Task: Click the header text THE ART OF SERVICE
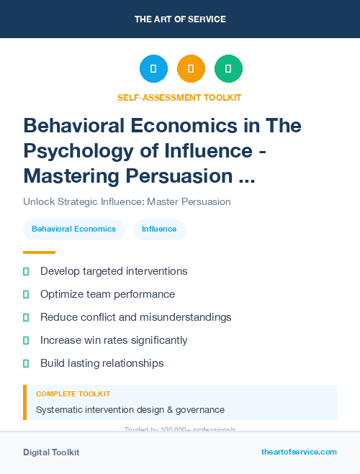[x=180, y=19]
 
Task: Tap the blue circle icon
[x=153, y=69]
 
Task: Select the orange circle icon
[x=191, y=69]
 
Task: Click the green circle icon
[x=228, y=69]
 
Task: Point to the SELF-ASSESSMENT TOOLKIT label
[x=179, y=97]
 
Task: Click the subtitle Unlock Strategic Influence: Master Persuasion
[x=127, y=201]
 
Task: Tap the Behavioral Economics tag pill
[x=73, y=229]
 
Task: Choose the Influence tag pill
[x=159, y=229]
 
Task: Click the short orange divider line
[x=39, y=252]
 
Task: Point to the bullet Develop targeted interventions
[x=114, y=271]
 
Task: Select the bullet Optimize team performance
[x=107, y=294]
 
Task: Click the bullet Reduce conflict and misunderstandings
[x=135, y=317]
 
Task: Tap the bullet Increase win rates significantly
[x=114, y=340]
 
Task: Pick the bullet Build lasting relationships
[x=102, y=363]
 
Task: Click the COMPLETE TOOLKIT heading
[x=73, y=394]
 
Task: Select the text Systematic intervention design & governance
[x=130, y=410]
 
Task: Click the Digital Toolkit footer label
[x=51, y=452]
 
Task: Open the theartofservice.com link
[x=299, y=452]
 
